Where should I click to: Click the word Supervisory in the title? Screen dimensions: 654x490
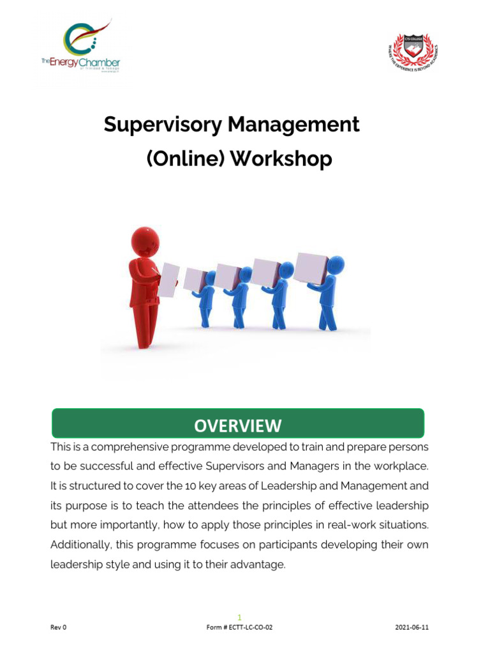[x=161, y=125]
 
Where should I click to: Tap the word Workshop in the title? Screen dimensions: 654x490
[x=281, y=158]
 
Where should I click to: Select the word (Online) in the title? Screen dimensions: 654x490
[x=185, y=158]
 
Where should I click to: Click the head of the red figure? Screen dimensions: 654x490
[x=145, y=241]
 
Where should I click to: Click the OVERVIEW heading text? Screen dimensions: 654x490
[x=237, y=425]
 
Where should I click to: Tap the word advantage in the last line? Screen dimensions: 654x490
[x=260, y=565]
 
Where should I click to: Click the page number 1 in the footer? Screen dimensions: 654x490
[x=239, y=617]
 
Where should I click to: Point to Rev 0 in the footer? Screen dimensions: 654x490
[x=58, y=627]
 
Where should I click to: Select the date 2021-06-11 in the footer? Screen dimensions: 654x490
[x=412, y=627]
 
